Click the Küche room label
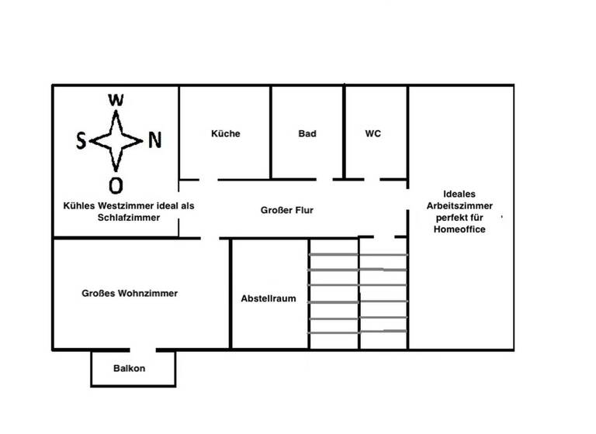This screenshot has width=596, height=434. click(x=225, y=133)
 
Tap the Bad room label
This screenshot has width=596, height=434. click(x=307, y=133)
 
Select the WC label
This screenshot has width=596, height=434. click(x=372, y=133)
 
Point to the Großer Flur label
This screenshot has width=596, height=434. click(x=287, y=210)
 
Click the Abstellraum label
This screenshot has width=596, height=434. click(x=269, y=298)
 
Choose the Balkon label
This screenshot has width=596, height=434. click(x=129, y=368)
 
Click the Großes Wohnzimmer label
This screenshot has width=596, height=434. click(x=130, y=293)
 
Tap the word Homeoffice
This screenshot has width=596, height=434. click(x=459, y=229)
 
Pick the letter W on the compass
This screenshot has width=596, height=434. click(x=116, y=99)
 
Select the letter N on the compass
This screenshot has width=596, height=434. click(x=155, y=140)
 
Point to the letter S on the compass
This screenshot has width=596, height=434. click(x=81, y=141)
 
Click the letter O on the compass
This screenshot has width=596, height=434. click(x=116, y=185)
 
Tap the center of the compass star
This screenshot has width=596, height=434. click(x=116, y=141)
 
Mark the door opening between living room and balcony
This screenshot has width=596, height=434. click(x=140, y=350)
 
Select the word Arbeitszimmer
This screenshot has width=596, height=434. click(x=459, y=206)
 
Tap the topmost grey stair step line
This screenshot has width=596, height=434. click(x=359, y=254)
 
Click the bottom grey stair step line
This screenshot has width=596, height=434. click(x=359, y=332)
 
